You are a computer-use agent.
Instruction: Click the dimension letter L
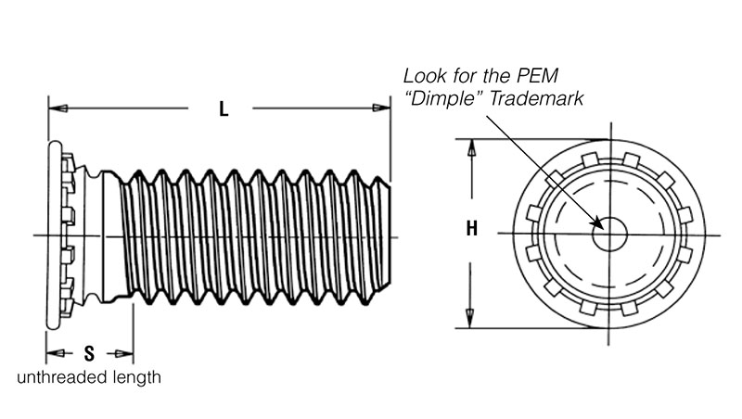pos(224,109)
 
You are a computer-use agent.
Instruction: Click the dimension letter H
pos(472,228)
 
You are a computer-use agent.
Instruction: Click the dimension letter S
pos(89,353)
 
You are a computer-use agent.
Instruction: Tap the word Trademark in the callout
pos(536,99)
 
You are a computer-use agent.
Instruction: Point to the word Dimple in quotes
pos(444,99)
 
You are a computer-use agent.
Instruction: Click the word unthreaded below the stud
pos(61,377)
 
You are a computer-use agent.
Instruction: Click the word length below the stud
pos(136,378)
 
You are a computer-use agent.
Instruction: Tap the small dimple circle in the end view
pos(609,234)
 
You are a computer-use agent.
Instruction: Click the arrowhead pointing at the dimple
pos(597,222)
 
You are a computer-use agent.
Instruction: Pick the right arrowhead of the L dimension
pos(381,108)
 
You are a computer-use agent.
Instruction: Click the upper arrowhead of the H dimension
pos(471,148)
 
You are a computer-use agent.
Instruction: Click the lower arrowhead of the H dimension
pos(470,318)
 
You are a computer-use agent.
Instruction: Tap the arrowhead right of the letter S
pos(124,353)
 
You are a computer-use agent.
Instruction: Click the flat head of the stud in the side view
pos(55,235)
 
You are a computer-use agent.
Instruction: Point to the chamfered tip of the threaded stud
pos(384,235)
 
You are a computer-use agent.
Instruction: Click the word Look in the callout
pos(422,76)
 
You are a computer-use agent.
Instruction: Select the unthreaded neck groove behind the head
pos(93,235)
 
